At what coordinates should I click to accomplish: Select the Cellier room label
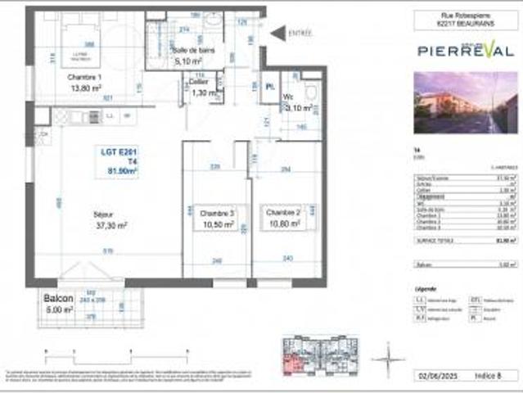click(198, 83)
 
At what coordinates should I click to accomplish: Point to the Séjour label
click(103, 215)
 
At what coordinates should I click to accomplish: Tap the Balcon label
click(59, 299)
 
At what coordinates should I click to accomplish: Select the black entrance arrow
click(278, 33)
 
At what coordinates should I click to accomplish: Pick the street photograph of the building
click(466, 102)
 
